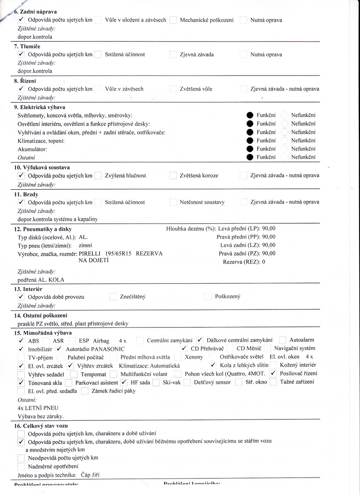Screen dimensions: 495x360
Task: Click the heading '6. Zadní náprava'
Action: coord(36,12)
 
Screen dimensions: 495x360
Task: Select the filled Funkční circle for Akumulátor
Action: coord(250,149)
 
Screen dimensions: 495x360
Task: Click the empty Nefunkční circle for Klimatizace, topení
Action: coord(285,141)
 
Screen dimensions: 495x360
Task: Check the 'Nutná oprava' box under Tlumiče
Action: coord(244,54)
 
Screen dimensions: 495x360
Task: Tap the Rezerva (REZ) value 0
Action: coord(263,262)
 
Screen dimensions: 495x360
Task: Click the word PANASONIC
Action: coord(108,349)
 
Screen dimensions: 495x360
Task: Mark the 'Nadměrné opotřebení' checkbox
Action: coord(21,466)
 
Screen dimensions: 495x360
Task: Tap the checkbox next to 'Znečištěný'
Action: coord(113,297)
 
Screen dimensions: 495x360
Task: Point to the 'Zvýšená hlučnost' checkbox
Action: coord(98,176)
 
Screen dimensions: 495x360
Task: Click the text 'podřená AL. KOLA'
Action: coord(41,280)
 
